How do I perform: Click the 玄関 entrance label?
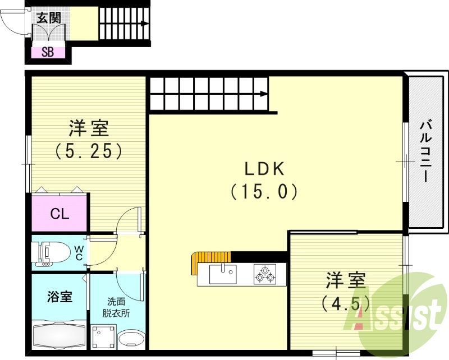tap(49, 17)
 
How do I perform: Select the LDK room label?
tap(264, 168)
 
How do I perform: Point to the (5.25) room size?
tap(88, 151)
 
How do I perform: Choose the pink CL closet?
tap(59, 213)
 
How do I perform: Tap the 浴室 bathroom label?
tap(59, 296)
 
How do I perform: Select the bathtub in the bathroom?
tap(58, 335)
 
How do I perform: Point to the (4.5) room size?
tap(346, 304)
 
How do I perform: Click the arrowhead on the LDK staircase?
tap(264, 94)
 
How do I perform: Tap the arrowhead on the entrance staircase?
tap(145, 24)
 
